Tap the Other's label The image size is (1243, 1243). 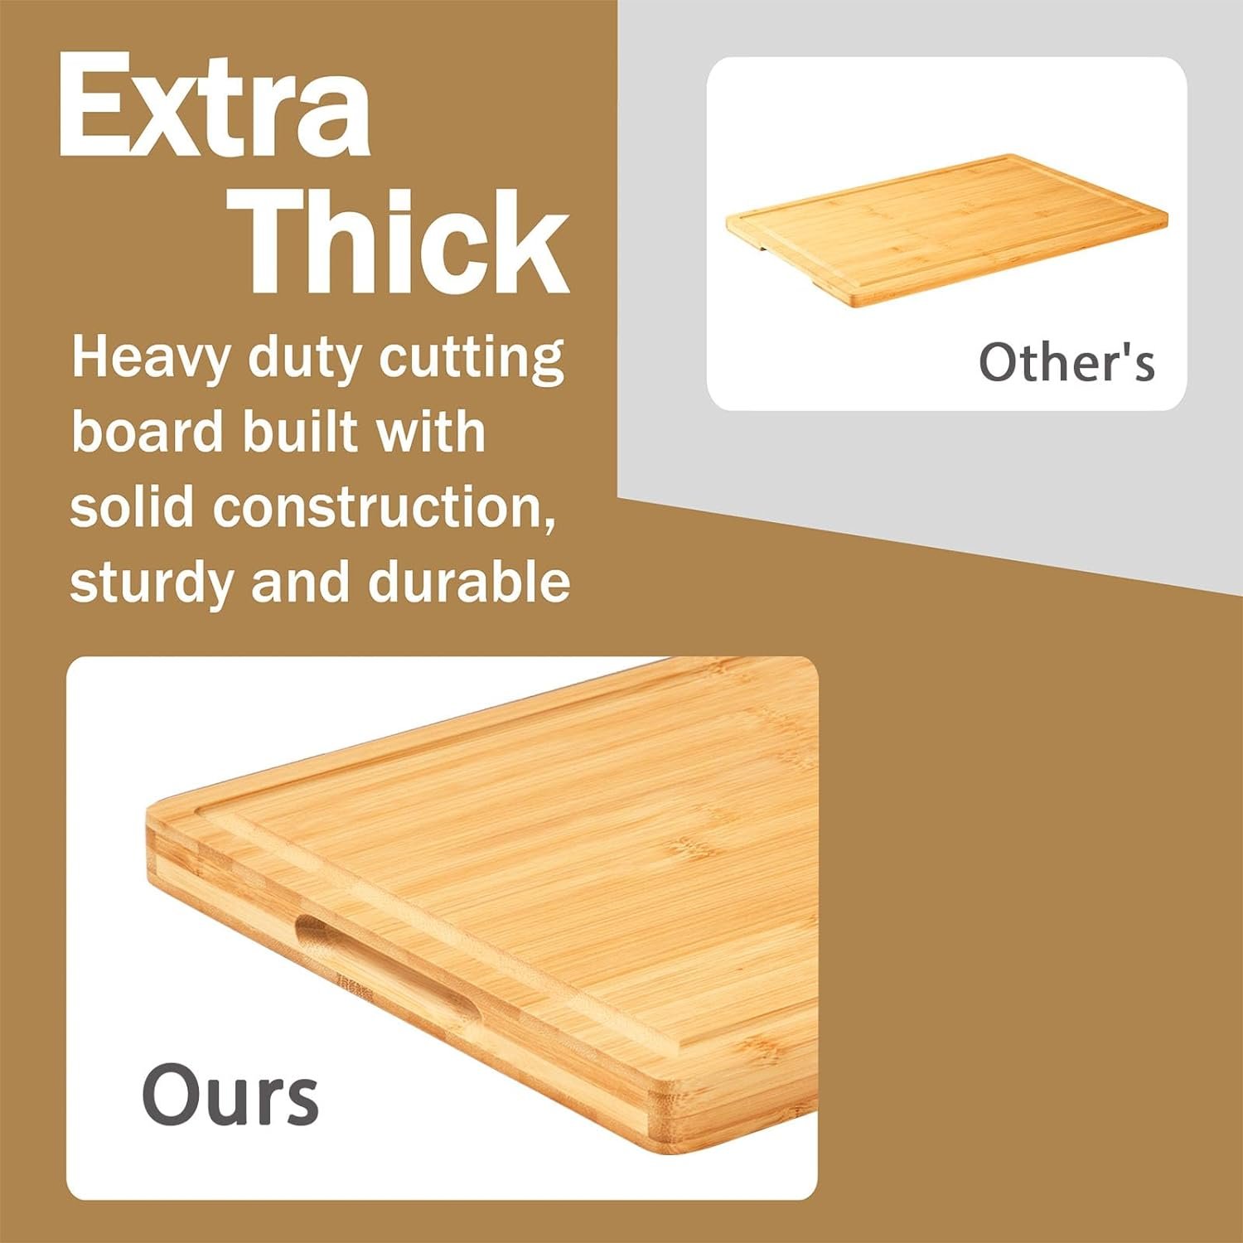click(1066, 362)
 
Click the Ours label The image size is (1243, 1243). click(230, 1095)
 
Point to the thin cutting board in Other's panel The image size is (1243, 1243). click(945, 228)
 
